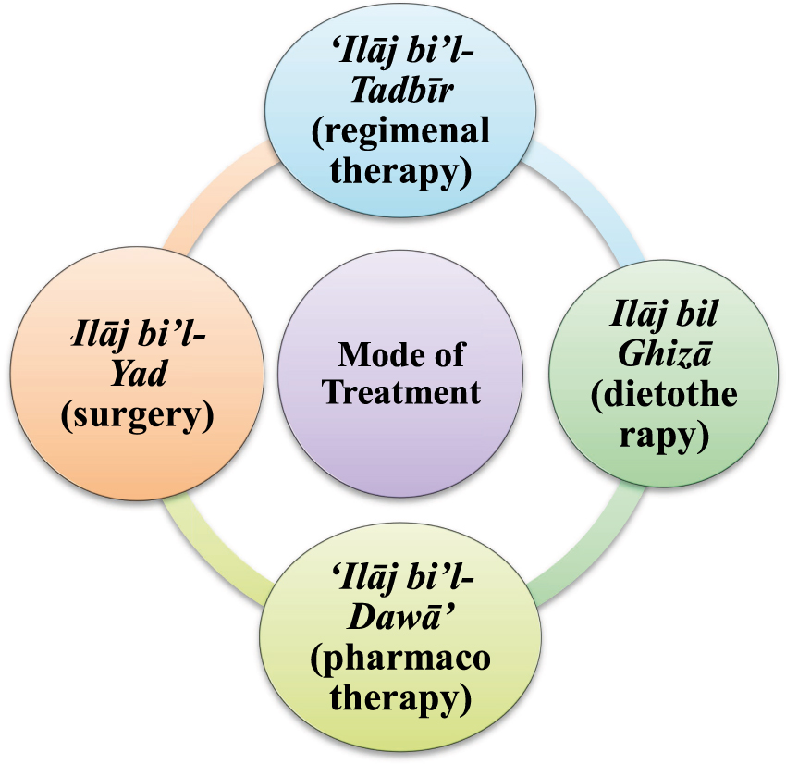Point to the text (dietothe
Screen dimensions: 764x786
(664, 395)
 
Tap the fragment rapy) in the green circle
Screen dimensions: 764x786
(664, 433)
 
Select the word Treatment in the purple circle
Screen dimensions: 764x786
(400, 391)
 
